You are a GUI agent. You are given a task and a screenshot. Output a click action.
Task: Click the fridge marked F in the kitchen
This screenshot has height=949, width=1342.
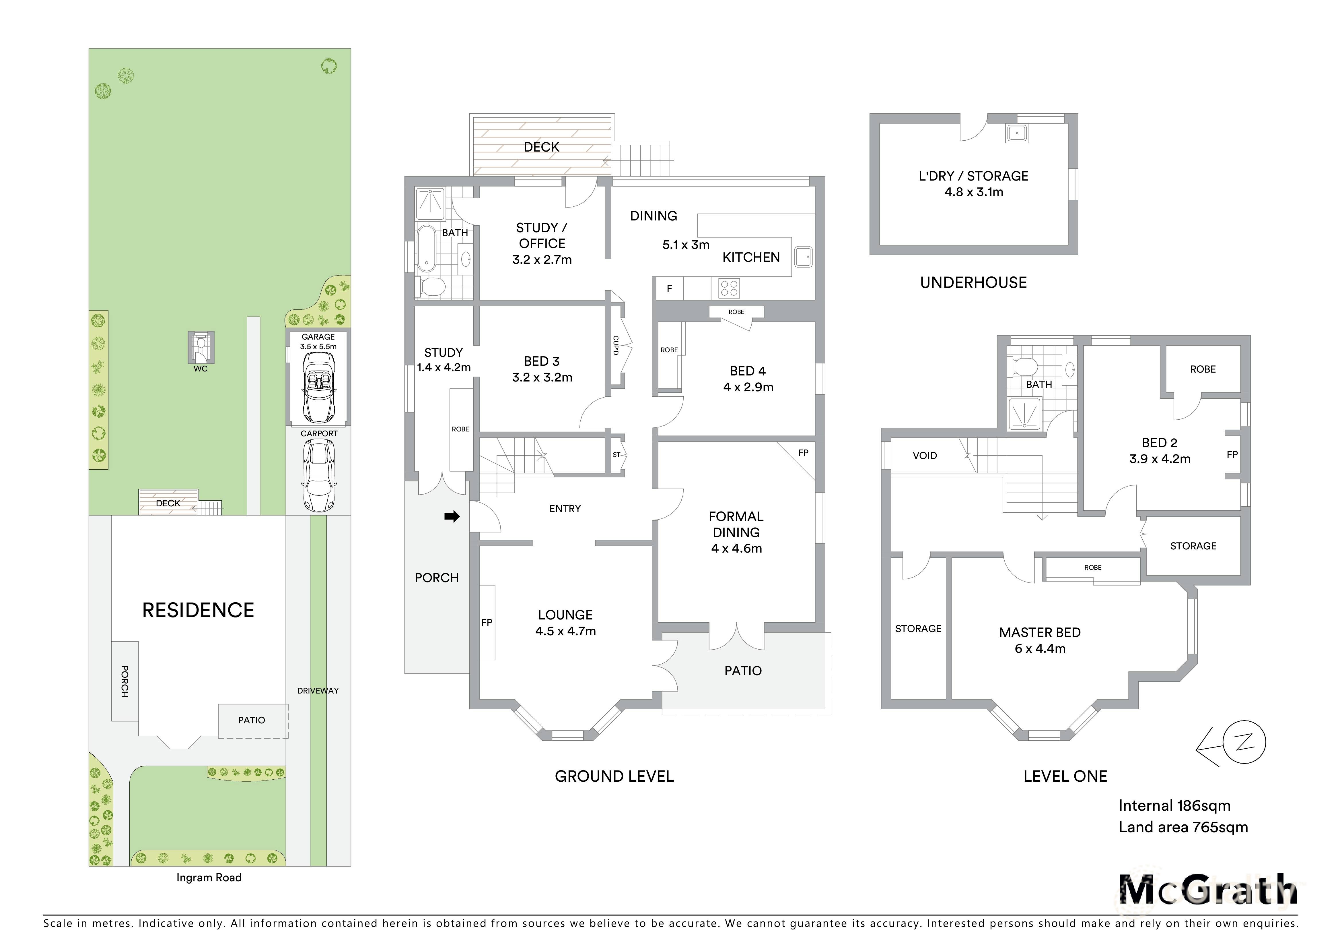(669, 288)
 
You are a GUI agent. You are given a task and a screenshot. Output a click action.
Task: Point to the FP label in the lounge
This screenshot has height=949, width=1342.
(487, 623)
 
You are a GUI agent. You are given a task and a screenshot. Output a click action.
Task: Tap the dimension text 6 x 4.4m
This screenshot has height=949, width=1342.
(1040, 648)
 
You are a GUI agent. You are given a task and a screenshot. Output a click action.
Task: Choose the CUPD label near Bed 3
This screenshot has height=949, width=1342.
(615, 345)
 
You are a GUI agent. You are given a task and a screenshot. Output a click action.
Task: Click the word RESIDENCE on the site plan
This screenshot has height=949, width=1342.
(198, 611)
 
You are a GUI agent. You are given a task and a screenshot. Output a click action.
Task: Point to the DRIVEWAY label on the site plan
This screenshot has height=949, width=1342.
(318, 691)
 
